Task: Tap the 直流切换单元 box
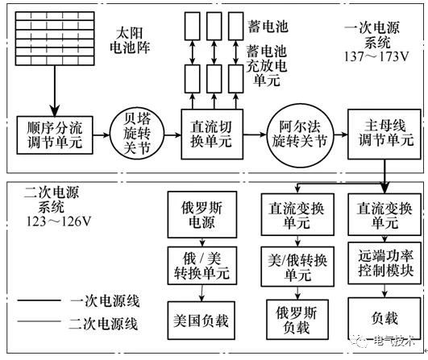212,133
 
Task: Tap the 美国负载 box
198,320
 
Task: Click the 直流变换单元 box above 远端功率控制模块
384,214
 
